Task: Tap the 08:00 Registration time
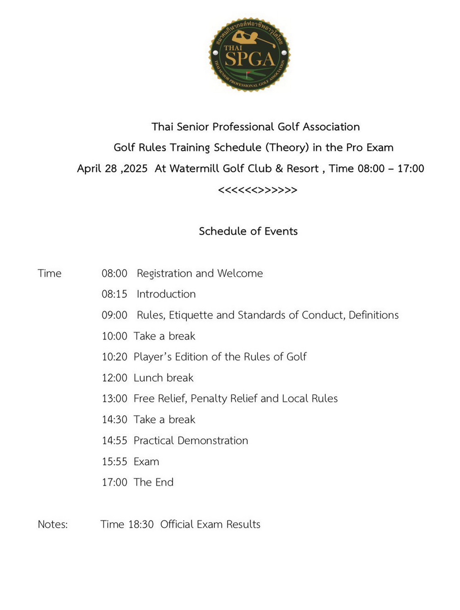click(115, 273)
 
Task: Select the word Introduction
click(166, 294)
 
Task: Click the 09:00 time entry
click(115, 315)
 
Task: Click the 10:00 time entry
click(115, 336)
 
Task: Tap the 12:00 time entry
click(115, 378)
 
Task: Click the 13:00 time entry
click(115, 398)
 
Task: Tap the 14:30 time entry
click(115, 420)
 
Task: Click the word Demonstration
click(213, 441)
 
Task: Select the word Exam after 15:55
click(146, 461)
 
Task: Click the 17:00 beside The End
click(115, 482)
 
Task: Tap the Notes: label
click(53, 524)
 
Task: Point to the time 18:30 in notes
click(141, 524)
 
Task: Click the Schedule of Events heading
click(248, 231)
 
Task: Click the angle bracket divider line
click(258, 190)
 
